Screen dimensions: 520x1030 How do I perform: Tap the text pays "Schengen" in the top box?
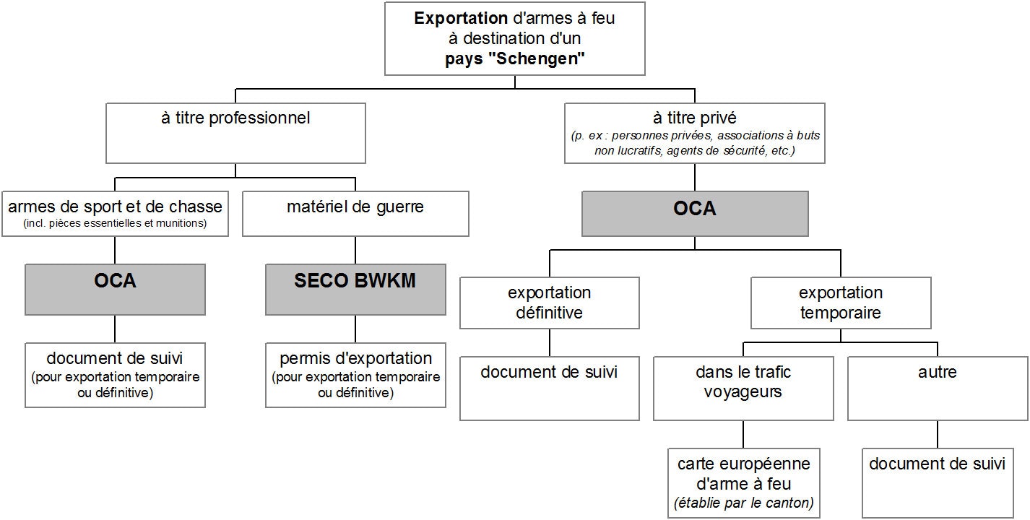514,58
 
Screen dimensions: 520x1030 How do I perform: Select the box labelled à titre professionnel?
235,133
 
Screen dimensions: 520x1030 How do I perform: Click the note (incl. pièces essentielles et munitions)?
115,223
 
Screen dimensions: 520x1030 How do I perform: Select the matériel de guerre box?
355,213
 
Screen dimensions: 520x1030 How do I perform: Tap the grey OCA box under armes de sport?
115,289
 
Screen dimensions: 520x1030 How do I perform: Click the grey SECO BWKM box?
355,289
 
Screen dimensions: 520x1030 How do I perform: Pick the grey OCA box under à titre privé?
695,213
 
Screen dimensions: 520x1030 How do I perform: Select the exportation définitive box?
549,303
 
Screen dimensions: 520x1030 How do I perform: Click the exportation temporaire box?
841,303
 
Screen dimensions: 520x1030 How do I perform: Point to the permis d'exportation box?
355,375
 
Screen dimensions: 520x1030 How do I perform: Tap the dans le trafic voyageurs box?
743,388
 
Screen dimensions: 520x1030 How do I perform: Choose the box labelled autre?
938,388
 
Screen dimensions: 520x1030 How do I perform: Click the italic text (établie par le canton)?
743,503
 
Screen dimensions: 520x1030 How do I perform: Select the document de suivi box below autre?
938,483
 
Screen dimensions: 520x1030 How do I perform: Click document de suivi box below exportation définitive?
549,388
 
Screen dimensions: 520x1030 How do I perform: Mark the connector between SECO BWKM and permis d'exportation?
355,329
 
